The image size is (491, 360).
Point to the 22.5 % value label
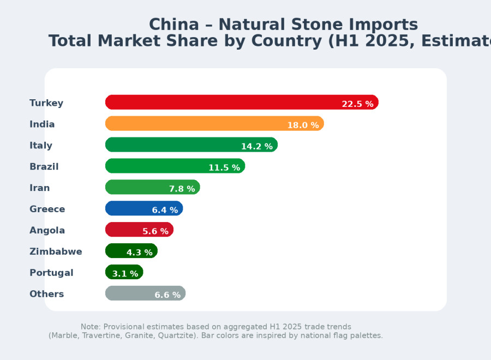(x=357, y=104)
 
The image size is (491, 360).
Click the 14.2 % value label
(x=256, y=147)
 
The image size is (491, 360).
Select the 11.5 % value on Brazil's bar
(x=224, y=168)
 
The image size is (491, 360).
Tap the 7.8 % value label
(x=182, y=189)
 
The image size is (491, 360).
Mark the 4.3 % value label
(x=139, y=253)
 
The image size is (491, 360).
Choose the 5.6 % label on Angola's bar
(x=155, y=231)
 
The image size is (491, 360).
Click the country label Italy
(x=41, y=145)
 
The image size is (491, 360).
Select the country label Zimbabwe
(x=56, y=251)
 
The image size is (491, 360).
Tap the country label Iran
(x=39, y=188)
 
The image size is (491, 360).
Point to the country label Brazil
(x=44, y=166)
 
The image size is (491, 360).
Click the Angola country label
(x=47, y=230)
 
